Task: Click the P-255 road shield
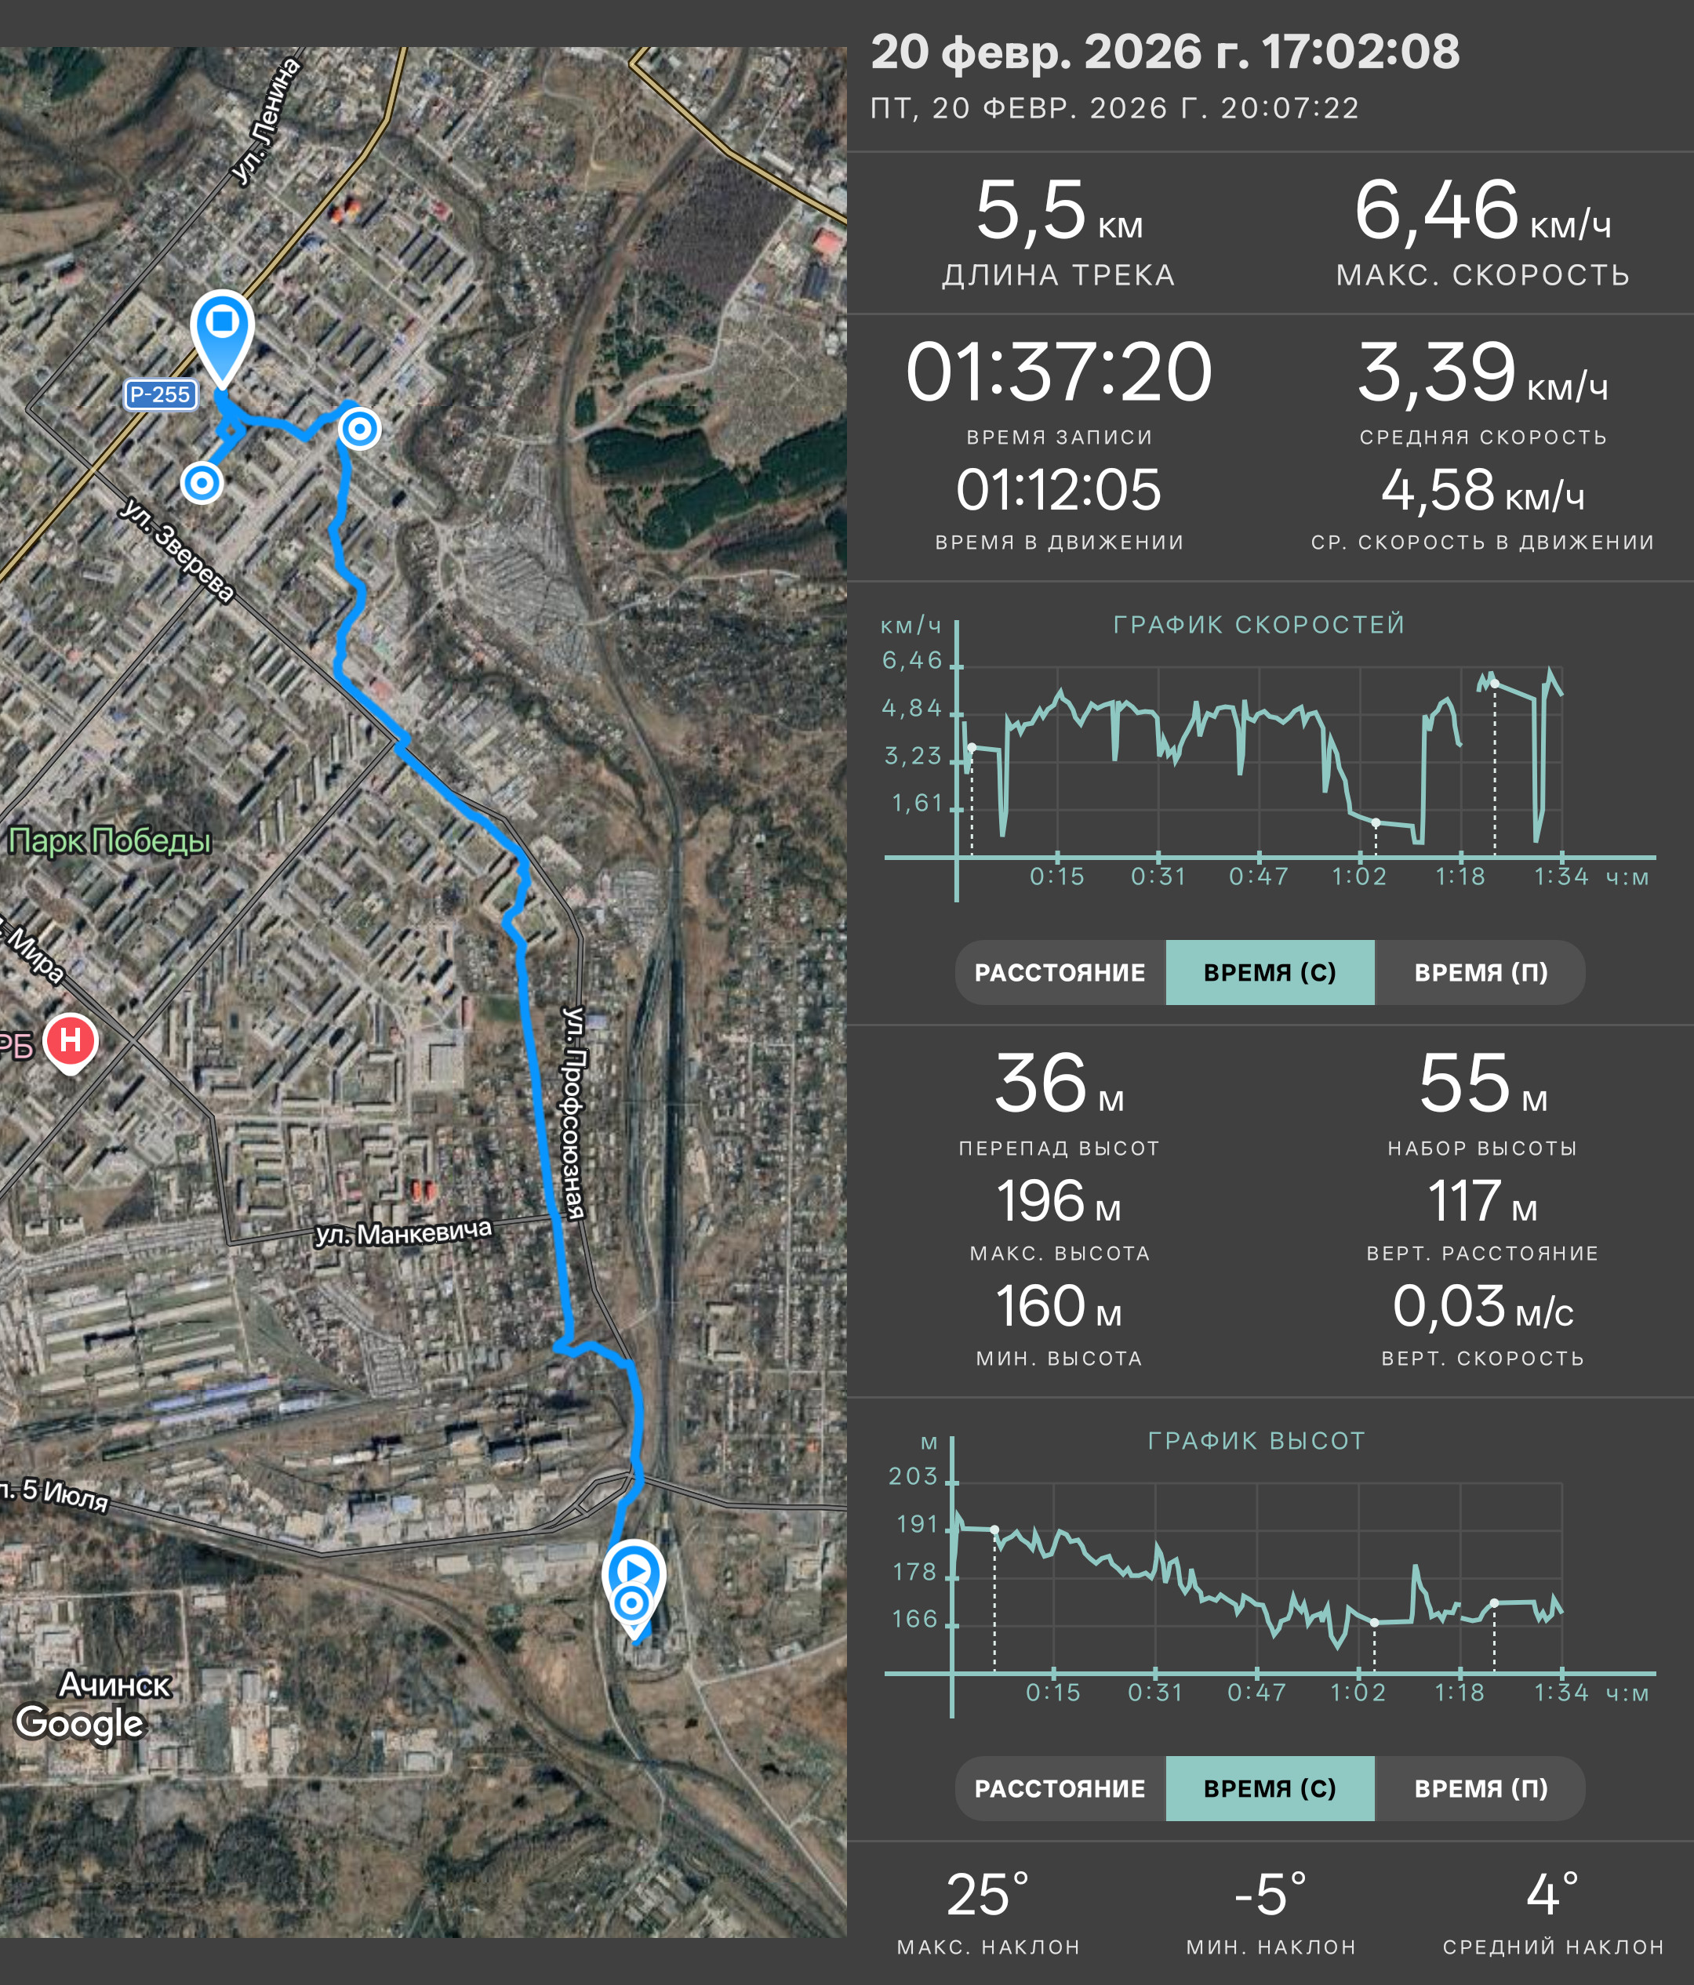point(161,394)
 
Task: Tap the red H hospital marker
point(71,1043)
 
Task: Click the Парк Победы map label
point(109,841)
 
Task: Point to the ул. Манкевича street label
point(403,1232)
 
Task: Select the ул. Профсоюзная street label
point(573,1112)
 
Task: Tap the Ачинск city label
point(115,1684)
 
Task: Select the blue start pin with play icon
point(634,1580)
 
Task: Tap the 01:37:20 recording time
point(1059,372)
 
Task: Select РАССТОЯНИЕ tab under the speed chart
point(1060,972)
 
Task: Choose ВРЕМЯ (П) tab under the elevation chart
point(1481,1788)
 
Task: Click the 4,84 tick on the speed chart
point(912,708)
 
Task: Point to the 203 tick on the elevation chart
point(913,1475)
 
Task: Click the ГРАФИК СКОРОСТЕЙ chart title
point(1259,625)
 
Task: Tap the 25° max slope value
point(988,1894)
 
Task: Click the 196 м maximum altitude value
point(1059,1201)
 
